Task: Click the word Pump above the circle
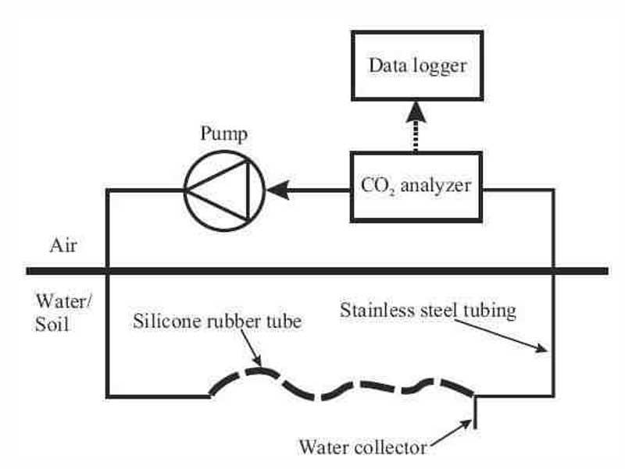pyautogui.click(x=223, y=133)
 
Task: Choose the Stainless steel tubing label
pyautogui.click(x=428, y=311)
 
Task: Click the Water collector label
pyautogui.click(x=363, y=448)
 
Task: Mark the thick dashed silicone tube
pyautogui.click(x=344, y=386)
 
